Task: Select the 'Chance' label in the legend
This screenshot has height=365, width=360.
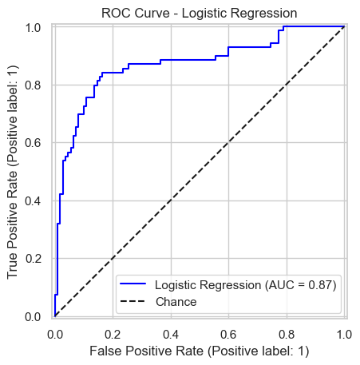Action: click(176, 302)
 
